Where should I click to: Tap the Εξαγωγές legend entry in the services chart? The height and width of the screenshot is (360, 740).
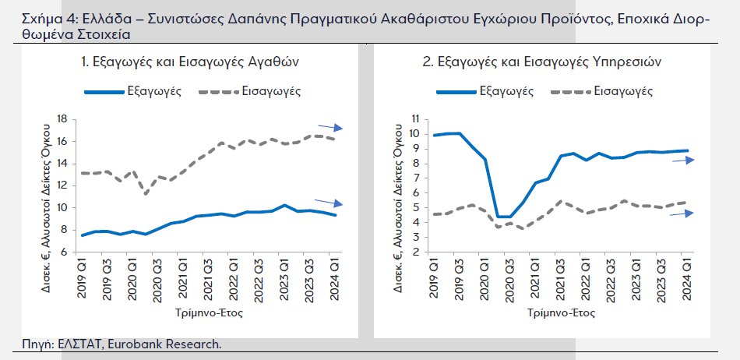tap(507, 91)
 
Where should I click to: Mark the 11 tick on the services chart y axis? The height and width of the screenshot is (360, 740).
tap(415, 119)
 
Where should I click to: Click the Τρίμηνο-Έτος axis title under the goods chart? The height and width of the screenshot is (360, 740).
tap(210, 313)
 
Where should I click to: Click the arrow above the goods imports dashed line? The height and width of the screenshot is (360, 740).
tap(329, 127)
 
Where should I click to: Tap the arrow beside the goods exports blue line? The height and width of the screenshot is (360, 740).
tap(329, 204)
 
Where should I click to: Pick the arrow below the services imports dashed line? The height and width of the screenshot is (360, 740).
tap(682, 213)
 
